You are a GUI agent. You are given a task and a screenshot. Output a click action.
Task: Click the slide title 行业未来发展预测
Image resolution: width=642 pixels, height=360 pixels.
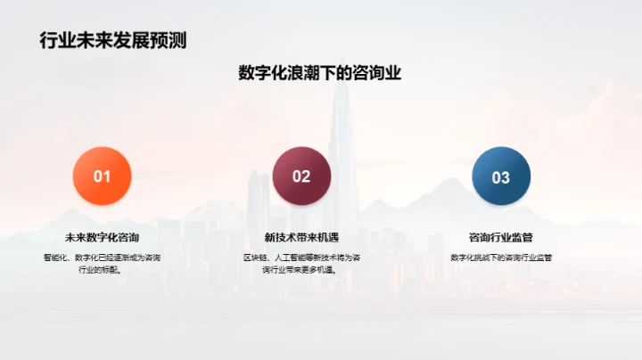113,40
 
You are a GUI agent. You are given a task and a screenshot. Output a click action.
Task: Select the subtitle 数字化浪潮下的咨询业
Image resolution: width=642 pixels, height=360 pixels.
320,73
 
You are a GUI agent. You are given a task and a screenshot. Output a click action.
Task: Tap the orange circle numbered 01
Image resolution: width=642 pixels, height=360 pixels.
102,176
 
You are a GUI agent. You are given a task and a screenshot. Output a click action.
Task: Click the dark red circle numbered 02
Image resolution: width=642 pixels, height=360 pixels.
301,176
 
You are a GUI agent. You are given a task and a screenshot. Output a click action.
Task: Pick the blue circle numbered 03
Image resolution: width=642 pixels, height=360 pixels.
501,176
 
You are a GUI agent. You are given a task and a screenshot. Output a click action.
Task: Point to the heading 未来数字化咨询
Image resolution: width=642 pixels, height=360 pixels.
102,237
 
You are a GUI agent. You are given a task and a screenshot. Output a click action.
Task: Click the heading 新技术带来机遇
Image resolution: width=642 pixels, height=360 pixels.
301,237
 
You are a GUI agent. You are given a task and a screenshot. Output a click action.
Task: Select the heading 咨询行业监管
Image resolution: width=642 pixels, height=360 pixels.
501,237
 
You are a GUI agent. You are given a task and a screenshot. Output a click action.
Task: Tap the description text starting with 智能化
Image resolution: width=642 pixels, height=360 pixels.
102,264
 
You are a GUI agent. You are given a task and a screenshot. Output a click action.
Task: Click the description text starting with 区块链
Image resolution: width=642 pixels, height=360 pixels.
301,264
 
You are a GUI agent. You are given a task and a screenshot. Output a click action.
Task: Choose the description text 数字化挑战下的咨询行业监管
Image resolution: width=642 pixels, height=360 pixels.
501,258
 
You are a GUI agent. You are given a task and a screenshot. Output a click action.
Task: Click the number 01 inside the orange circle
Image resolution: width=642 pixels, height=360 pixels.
102,176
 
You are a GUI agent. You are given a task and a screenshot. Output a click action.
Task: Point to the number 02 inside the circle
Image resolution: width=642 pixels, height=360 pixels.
301,176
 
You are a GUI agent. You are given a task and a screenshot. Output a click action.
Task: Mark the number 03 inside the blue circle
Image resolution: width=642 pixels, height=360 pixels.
501,176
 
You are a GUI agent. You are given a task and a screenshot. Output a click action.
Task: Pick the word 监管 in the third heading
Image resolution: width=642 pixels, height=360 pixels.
521,237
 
